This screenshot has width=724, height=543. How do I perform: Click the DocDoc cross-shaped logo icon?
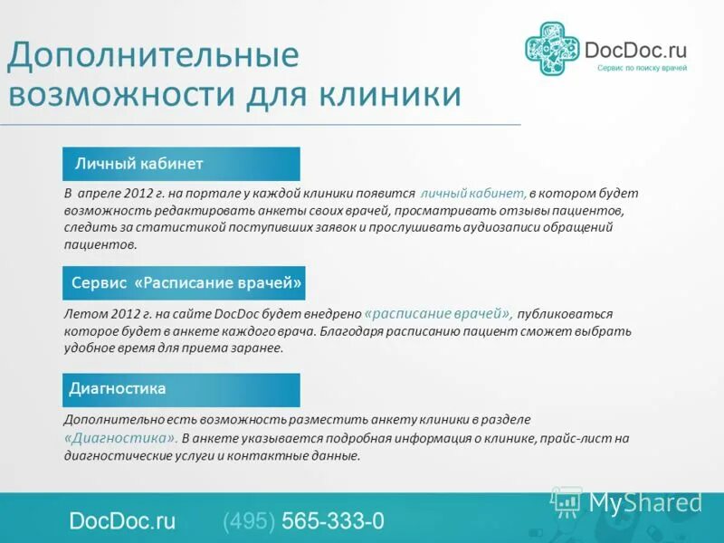[552, 49]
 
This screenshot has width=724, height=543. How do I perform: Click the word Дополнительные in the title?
[152, 56]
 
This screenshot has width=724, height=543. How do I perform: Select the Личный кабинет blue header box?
[181, 164]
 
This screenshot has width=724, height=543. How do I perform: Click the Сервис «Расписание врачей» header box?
[184, 283]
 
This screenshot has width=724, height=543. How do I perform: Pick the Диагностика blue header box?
[181, 389]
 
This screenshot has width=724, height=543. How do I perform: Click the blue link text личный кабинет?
[473, 194]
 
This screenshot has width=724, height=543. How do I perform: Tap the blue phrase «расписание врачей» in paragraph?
[438, 313]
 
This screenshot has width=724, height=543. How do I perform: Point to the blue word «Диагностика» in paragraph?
[119, 437]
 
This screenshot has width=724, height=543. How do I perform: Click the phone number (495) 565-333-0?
[303, 521]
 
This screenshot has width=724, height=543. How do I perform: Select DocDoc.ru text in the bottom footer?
[122, 521]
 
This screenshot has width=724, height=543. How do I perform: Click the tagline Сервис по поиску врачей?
[642, 69]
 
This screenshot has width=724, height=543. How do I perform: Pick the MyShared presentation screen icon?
[567, 500]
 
